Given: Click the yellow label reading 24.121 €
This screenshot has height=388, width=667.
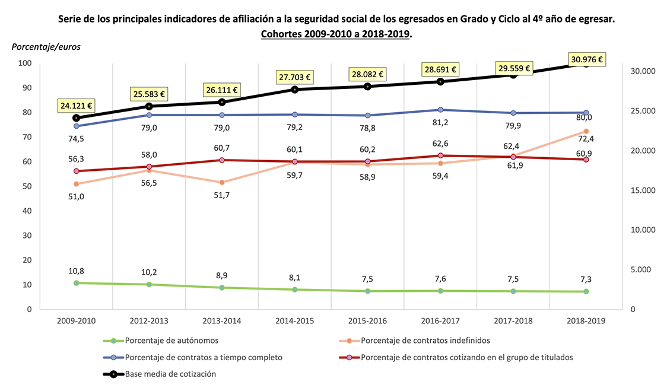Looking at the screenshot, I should point(76,106).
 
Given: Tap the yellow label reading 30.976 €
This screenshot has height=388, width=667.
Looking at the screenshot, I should point(586,59).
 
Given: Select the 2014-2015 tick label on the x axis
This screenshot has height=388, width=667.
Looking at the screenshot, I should point(294,320).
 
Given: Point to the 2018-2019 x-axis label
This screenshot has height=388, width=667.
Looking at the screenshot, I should point(586,320).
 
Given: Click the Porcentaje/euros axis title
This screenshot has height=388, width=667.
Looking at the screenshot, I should point(46,46).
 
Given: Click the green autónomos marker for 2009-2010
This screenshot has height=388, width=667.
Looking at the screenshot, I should point(76,283).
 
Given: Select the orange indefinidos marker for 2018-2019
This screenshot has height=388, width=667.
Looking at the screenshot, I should point(586,131).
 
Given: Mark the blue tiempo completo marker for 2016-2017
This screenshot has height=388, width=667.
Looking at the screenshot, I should point(440,110).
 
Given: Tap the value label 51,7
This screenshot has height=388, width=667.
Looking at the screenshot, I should point(222,195).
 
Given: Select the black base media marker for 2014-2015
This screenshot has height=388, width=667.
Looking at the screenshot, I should point(294,89).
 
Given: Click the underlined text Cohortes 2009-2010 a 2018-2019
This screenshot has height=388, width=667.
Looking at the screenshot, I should point(336,34).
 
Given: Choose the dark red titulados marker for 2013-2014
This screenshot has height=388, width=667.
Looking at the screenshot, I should point(222,160).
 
